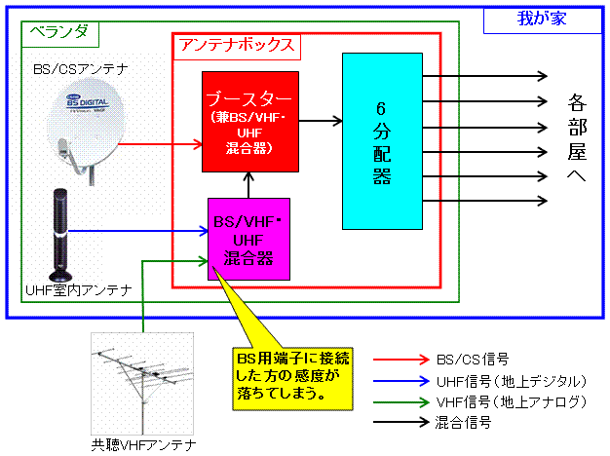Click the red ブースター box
click(x=249, y=121)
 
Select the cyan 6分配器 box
click(x=381, y=140)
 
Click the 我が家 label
click(x=540, y=19)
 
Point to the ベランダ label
click(x=58, y=31)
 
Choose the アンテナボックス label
click(x=237, y=45)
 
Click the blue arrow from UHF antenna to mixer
click(x=146, y=232)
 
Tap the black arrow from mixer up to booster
click(x=250, y=184)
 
